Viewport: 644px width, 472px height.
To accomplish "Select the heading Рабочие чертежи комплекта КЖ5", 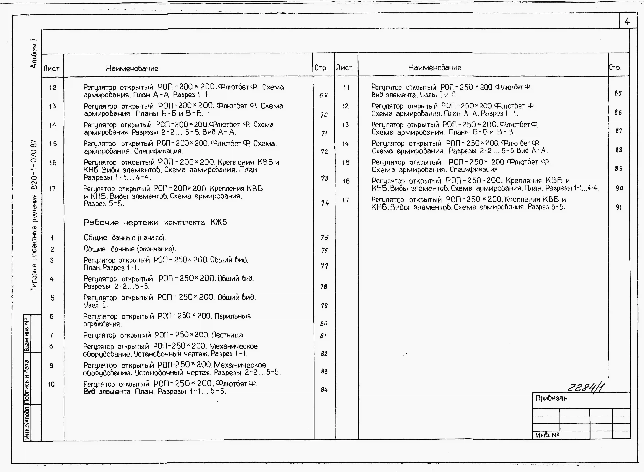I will (x=155, y=223).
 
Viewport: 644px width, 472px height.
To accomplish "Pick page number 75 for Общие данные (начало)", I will (x=324, y=238).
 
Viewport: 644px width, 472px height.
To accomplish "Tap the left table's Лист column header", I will (x=51, y=69).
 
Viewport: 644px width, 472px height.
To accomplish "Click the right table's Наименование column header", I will (x=434, y=68).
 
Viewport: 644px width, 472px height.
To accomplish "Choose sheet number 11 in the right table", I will (x=346, y=87).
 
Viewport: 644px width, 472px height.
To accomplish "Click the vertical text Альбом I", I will (x=34, y=53).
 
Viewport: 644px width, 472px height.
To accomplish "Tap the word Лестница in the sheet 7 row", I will (x=228, y=335).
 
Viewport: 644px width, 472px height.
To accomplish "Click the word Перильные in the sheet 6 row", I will (x=233, y=316).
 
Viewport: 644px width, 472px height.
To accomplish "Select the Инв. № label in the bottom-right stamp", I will (x=547, y=435).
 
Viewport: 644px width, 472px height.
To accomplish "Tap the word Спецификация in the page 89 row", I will (x=473, y=170).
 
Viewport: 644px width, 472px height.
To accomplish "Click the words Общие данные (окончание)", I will (x=130, y=249).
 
